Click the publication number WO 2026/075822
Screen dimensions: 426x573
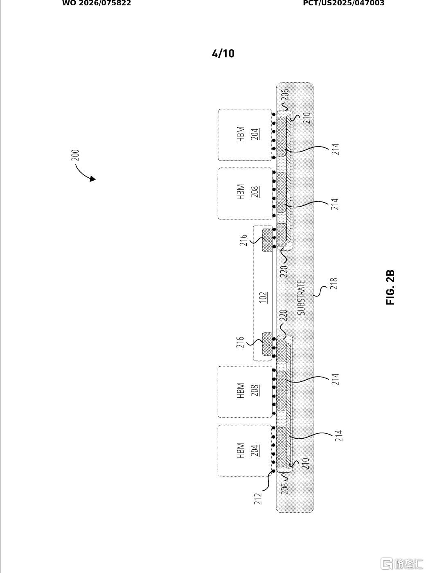97,3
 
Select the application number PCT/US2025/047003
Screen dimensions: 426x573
344,3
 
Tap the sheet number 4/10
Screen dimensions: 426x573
223,54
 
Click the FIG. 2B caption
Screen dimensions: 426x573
390,287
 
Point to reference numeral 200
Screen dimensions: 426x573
75,155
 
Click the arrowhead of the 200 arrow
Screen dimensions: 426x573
92,179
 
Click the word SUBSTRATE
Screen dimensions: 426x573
301,298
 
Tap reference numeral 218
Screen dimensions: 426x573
334,283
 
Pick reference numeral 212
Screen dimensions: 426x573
258,498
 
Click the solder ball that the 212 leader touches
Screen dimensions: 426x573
274,472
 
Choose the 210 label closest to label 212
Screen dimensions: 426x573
305,464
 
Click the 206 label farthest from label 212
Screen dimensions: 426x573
284,95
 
